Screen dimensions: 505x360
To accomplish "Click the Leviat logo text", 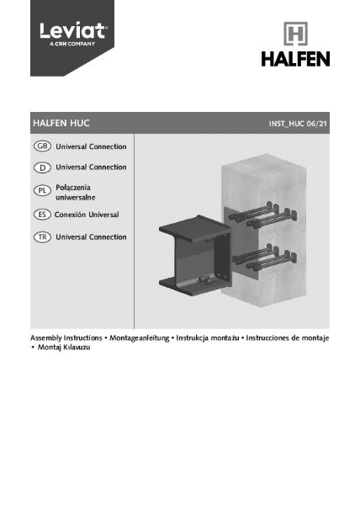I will coord(72,31).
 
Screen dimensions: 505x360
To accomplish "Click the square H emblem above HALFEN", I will coord(294,35).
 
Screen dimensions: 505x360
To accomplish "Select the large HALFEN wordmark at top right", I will coord(294,59).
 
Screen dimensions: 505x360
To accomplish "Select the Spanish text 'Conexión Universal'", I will coord(87,215).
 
